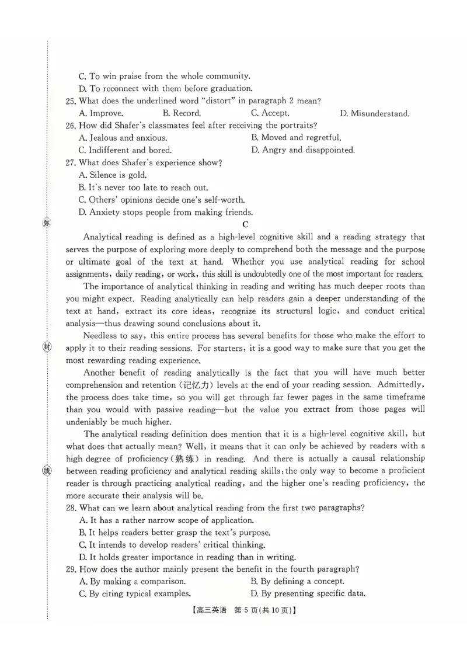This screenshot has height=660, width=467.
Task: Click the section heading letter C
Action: click(246, 224)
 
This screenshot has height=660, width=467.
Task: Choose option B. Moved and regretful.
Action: click(296, 138)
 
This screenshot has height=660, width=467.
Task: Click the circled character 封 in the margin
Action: click(47, 347)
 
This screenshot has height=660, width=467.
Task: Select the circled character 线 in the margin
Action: click(47, 471)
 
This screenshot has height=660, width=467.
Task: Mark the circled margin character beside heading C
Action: click(47, 223)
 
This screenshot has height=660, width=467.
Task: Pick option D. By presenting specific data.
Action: click(308, 594)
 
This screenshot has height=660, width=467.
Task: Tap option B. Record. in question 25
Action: click(182, 113)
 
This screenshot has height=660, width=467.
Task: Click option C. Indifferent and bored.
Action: click(125, 150)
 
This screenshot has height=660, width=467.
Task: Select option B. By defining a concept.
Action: click(297, 581)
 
